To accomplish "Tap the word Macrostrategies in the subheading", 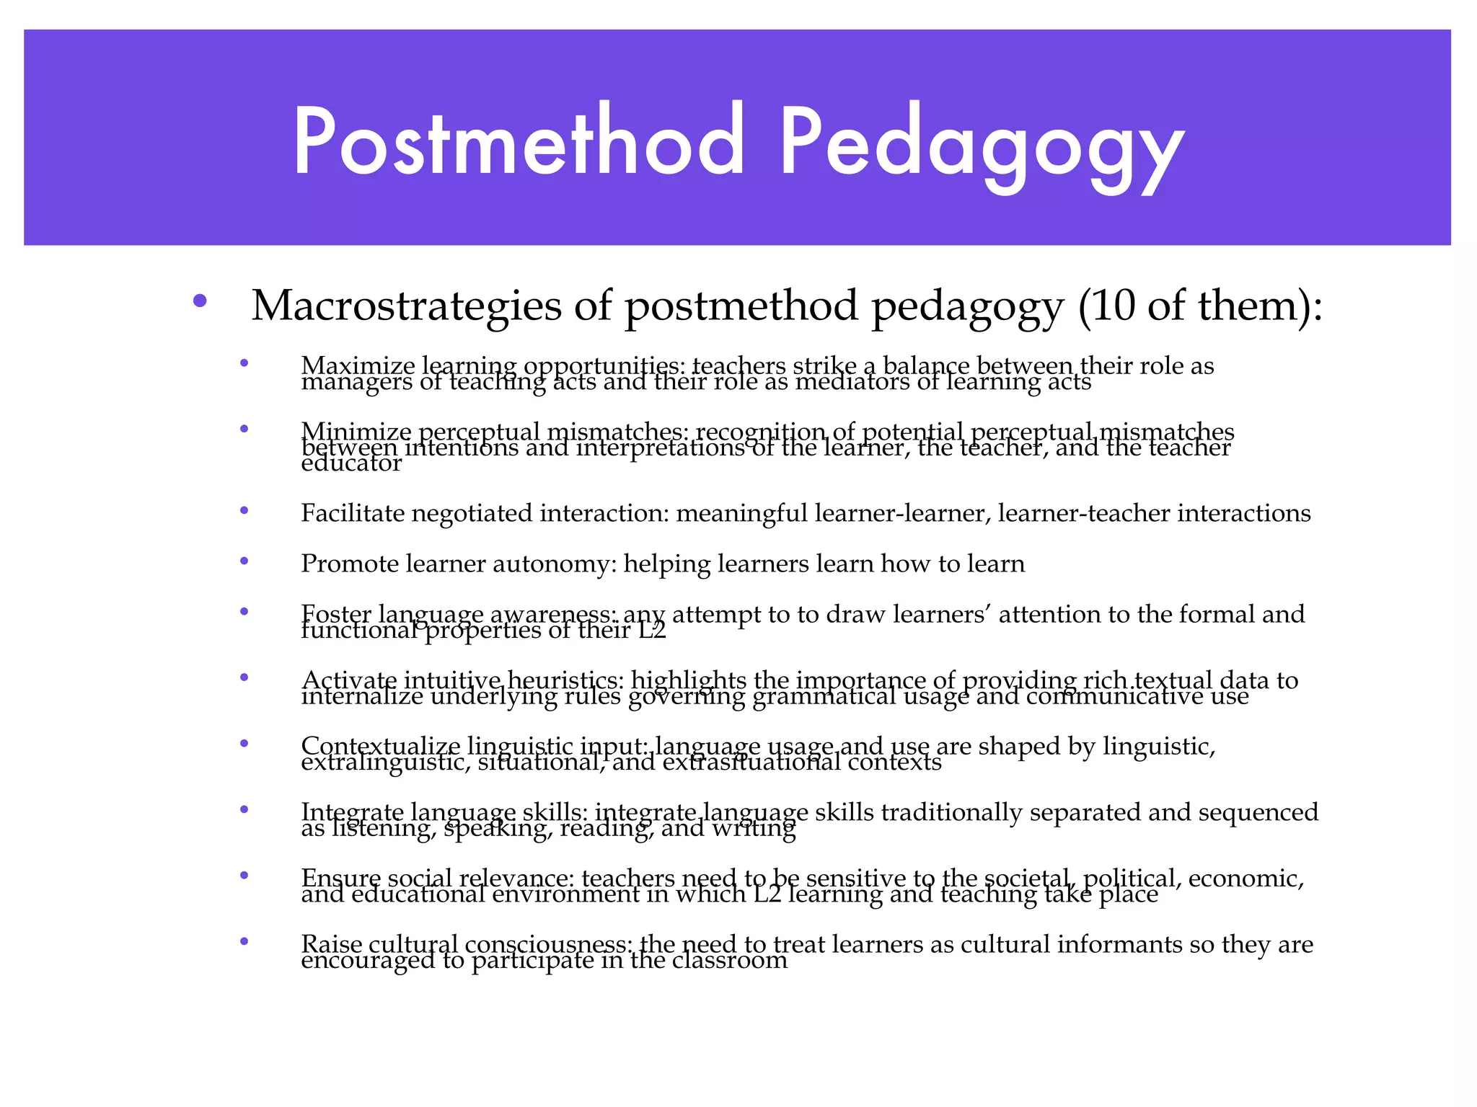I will click(x=406, y=306).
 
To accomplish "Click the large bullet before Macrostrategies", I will click(x=200, y=301).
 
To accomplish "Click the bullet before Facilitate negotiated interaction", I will click(x=244, y=510).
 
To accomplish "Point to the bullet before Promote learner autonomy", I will click(x=244, y=561).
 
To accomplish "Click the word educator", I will click(x=351, y=463).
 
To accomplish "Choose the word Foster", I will click(x=335, y=614).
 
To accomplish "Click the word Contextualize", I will click(x=380, y=746).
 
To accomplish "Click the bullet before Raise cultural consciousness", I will click(x=244, y=941).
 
